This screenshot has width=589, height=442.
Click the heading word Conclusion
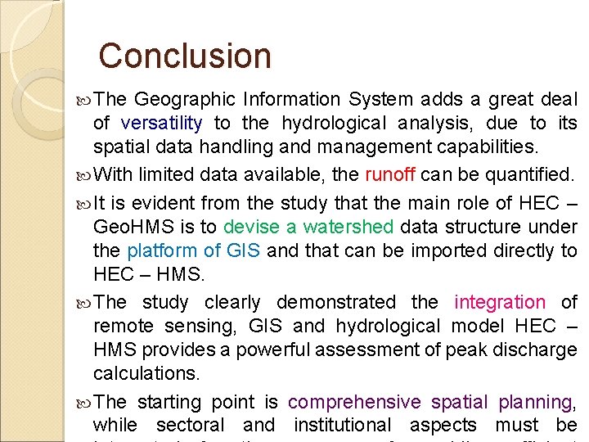(x=184, y=56)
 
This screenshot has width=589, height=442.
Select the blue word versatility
(x=161, y=124)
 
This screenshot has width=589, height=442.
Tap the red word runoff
(x=390, y=174)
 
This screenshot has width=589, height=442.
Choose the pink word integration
(x=499, y=303)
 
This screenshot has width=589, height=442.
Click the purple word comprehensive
(x=354, y=402)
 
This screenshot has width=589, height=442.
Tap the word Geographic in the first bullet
(x=185, y=100)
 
